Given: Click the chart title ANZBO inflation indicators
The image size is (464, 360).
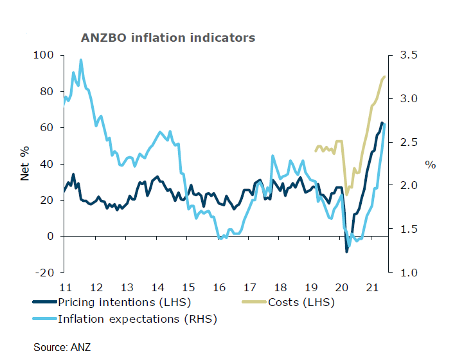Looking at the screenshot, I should [168, 37].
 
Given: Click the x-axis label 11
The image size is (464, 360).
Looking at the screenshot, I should [65, 287].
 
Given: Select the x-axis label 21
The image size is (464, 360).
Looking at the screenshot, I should [371, 287].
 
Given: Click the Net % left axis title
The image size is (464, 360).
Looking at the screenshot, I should [25, 164].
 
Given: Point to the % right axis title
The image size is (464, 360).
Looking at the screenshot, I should [430, 165].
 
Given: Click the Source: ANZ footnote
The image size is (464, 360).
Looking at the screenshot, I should [62, 347].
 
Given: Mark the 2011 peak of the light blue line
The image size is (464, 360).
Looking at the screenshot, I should [81, 60].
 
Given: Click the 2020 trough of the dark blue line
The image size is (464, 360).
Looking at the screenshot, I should [347, 251].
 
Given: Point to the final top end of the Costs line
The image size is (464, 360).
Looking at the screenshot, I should [384, 76].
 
